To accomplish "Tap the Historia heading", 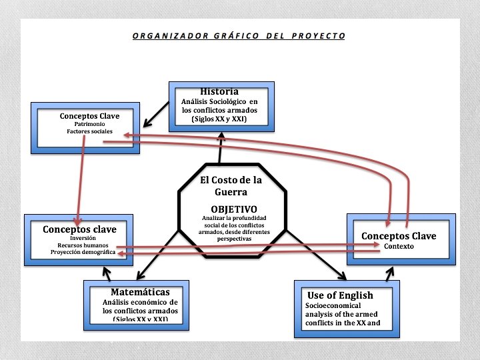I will [x=219, y=91].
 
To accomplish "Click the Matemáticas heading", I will [x=140, y=292].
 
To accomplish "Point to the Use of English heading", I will [x=340, y=295].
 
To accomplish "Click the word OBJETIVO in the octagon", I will [x=233, y=209].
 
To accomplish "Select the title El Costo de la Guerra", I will [x=231, y=185].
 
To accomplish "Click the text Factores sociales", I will [x=89, y=132].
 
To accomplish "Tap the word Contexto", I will [x=399, y=246].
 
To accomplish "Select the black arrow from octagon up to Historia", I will [x=221, y=147].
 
